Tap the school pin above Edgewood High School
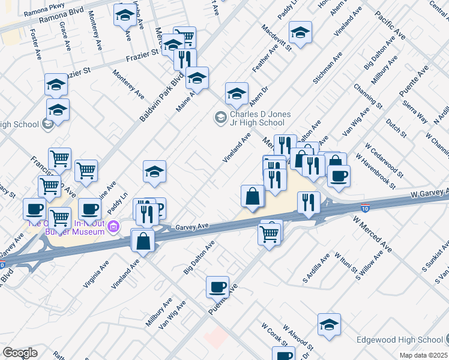point(329,325)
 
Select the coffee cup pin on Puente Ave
point(217,287)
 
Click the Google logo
point(20,353)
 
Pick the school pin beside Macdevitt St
point(300,32)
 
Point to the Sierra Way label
point(406,112)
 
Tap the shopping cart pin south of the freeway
point(270,233)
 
